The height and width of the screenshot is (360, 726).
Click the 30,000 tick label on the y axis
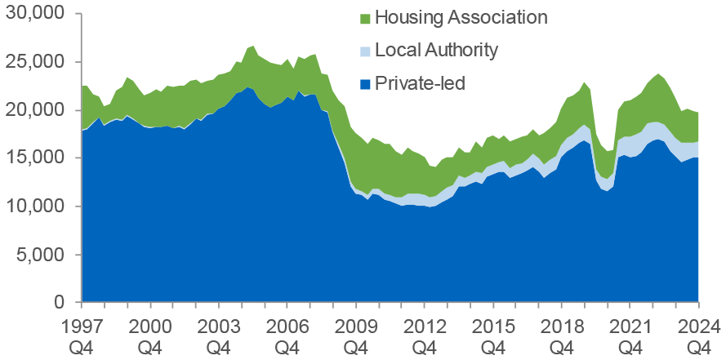[x=33, y=15]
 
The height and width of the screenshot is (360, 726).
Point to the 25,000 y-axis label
[x=33, y=63]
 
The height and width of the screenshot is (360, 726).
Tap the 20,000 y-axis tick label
[x=33, y=111]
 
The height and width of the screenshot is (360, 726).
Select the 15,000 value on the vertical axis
[x=33, y=159]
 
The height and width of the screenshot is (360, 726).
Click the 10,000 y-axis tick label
[x=33, y=207]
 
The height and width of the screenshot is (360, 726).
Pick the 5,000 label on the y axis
[x=38, y=255]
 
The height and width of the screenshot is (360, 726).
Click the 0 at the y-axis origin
[x=59, y=303]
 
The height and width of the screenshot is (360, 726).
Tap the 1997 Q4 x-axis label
[x=82, y=335]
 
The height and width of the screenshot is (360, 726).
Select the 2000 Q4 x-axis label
[x=150, y=335]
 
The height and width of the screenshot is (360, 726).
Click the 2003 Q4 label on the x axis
[x=219, y=335]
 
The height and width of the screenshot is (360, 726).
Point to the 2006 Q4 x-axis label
[x=287, y=335]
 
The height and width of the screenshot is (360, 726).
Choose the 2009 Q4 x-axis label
[x=356, y=335]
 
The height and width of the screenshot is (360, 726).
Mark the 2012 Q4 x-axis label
[x=425, y=335]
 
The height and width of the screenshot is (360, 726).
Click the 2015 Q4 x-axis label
[x=493, y=335]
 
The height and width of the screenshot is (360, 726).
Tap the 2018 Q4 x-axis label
[x=562, y=335]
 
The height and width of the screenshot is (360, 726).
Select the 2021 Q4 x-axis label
[x=630, y=335]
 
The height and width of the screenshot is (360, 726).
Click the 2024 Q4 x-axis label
[x=698, y=335]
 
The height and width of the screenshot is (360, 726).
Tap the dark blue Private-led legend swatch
[x=365, y=84]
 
